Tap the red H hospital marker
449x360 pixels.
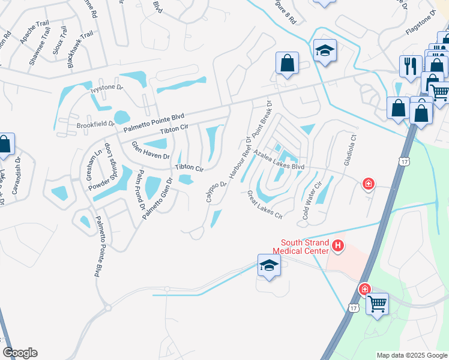tap(338, 245)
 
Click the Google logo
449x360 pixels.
tap(20, 352)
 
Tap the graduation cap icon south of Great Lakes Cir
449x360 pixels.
tap(269, 265)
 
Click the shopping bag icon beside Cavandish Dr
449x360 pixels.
tap(5, 144)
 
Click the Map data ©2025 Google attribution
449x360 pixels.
tap(412, 355)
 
